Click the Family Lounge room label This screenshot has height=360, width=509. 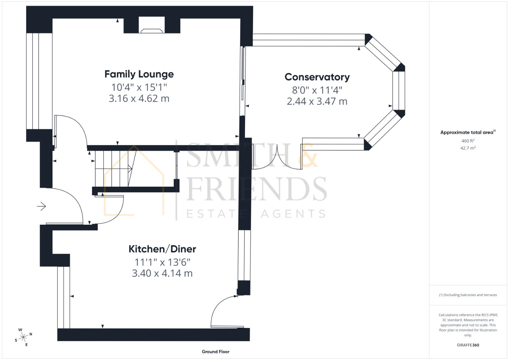[x=139, y=74]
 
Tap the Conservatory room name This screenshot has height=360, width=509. [x=317, y=77]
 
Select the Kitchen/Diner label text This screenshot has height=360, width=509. [x=162, y=249]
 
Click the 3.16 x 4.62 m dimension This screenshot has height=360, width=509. [x=139, y=99]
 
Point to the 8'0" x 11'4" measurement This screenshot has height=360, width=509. [x=317, y=90]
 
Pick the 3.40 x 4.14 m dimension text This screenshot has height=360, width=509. [x=162, y=273]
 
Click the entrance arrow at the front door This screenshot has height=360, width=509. [x=41, y=206]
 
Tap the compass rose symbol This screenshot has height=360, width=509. [x=23, y=337]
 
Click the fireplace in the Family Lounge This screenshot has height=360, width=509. [x=152, y=30]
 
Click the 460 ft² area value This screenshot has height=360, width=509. [x=468, y=141]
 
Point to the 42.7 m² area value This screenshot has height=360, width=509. [x=468, y=148]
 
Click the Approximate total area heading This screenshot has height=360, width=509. [x=467, y=132]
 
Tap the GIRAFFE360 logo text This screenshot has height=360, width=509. [x=468, y=345]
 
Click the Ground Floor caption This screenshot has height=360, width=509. [x=215, y=351]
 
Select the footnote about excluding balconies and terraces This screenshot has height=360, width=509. [x=468, y=295]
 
